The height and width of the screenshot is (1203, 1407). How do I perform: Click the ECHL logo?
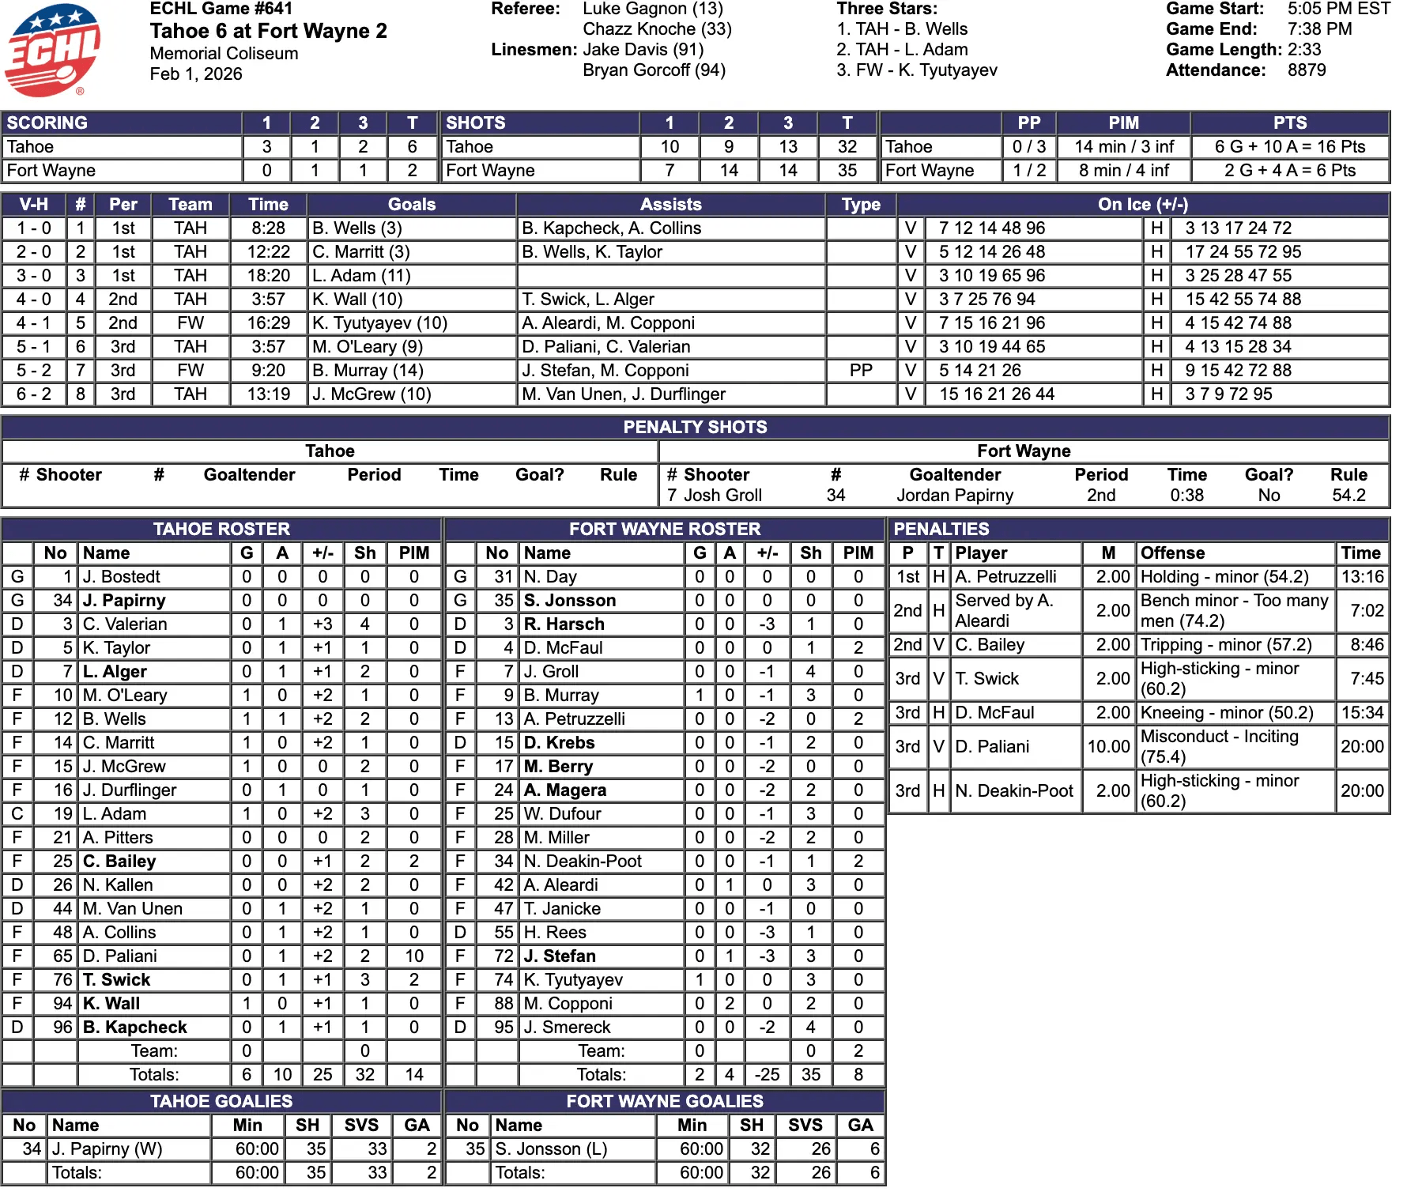pyautogui.click(x=52, y=49)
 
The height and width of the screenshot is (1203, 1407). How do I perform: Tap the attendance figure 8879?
pyautogui.click(x=1306, y=70)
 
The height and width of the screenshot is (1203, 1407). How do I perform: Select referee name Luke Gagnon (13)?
pyautogui.click(x=652, y=9)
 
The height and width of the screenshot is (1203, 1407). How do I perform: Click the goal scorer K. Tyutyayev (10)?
pyautogui.click(x=379, y=323)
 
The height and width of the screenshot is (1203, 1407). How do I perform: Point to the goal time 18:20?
pyautogui.click(x=268, y=276)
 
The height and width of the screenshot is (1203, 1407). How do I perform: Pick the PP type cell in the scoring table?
pyautogui.click(x=860, y=371)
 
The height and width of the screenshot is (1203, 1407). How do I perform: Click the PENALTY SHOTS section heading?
pyautogui.click(x=695, y=428)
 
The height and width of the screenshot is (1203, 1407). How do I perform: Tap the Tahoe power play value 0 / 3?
pyautogui.click(x=1028, y=147)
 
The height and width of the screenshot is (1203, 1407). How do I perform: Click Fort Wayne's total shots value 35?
pyautogui.click(x=847, y=171)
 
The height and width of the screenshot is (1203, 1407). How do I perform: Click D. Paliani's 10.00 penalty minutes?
pyautogui.click(x=1108, y=747)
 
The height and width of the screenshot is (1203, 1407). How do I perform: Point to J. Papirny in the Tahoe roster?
pyautogui.click(x=124, y=601)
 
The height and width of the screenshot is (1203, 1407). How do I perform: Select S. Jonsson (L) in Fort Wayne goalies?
pyautogui.click(x=551, y=1149)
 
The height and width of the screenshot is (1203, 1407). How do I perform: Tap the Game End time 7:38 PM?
pyautogui.click(x=1319, y=29)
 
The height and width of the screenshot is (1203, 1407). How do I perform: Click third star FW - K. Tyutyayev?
pyautogui.click(x=917, y=70)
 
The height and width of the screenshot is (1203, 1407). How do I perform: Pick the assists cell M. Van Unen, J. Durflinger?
pyautogui.click(x=624, y=394)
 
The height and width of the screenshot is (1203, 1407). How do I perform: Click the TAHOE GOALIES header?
pyautogui.click(x=221, y=1102)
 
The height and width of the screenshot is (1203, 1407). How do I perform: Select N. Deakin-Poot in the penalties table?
pyautogui.click(x=1014, y=791)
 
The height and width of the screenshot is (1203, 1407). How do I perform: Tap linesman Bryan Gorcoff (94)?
pyautogui.click(x=654, y=70)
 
